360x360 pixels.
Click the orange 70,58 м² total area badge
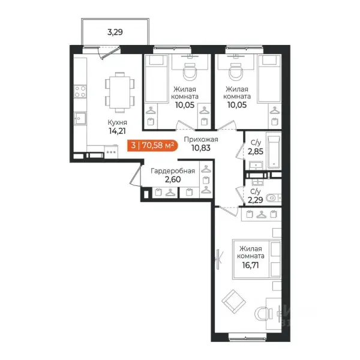pos(152,145)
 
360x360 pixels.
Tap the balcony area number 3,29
pos(115,32)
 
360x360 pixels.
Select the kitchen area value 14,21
pos(117,131)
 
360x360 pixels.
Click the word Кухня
pos(117,122)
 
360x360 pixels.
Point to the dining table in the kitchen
pos(120,92)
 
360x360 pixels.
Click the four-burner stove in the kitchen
pos(80,92)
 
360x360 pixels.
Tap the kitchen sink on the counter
pos(80,118)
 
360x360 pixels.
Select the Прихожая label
pos(201,140)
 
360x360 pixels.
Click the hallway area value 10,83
pos(201,148)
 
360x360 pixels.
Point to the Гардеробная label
pos(173,171)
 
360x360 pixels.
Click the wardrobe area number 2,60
pos(173,179)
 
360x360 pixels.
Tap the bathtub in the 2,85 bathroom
pos(274,152)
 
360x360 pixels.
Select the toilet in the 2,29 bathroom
pos(273,197)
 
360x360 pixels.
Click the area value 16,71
pos(250,265)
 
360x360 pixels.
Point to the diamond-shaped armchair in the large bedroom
pos(234,301)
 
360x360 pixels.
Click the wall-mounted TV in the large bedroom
pos(218,259)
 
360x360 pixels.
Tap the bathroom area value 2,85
pos(256,151)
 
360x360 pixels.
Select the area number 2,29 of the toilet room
pos(256,200)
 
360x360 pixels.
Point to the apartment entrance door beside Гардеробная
pos(136,175)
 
